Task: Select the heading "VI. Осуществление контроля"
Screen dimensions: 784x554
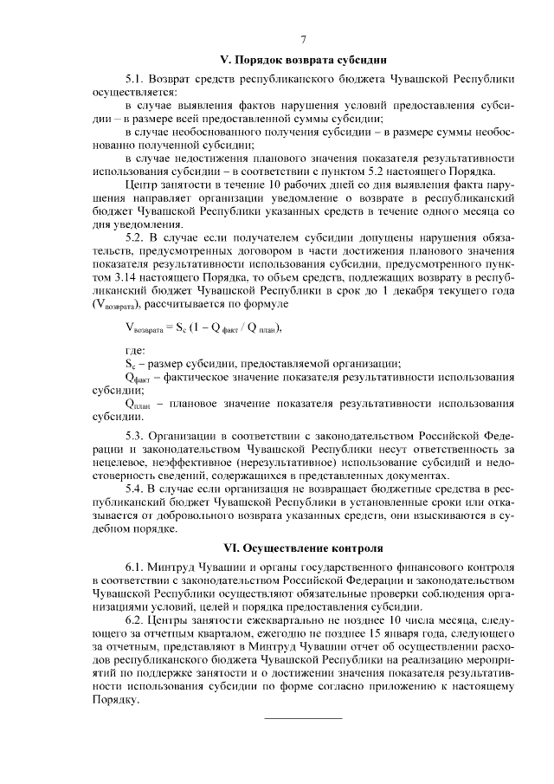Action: pyautogui.click(x=302, y=548)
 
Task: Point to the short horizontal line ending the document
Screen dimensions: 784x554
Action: pyautogui.click(x=302, y=717)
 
